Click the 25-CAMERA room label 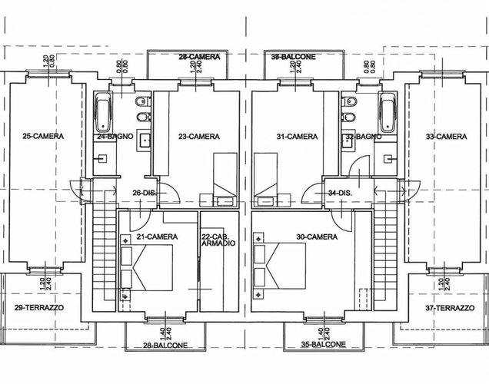[43, 136]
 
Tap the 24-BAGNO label [111, 137]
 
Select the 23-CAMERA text [199, 137]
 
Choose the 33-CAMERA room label [446, 137]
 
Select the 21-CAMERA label [157, 237]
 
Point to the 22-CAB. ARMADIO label [218, 240]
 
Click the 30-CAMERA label [316, 237]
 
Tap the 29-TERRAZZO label [39, 307]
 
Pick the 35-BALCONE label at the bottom [323, 343]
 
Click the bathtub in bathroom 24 [102, 112]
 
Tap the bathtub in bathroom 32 [388, 112]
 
